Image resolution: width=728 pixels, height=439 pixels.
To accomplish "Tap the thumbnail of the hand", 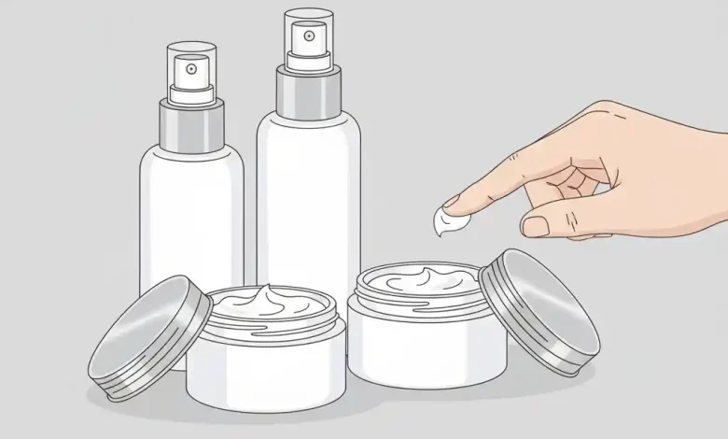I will pos(536,226).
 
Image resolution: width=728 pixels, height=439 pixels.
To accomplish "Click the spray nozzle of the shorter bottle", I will pos(191,69).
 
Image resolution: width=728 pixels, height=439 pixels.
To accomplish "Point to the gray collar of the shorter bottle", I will pos(191,127).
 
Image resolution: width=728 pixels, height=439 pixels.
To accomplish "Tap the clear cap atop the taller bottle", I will pos(308,28).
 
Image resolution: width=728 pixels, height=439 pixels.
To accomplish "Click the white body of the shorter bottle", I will pos(190,215).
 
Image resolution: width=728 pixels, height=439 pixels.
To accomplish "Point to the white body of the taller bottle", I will pos(308,196).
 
